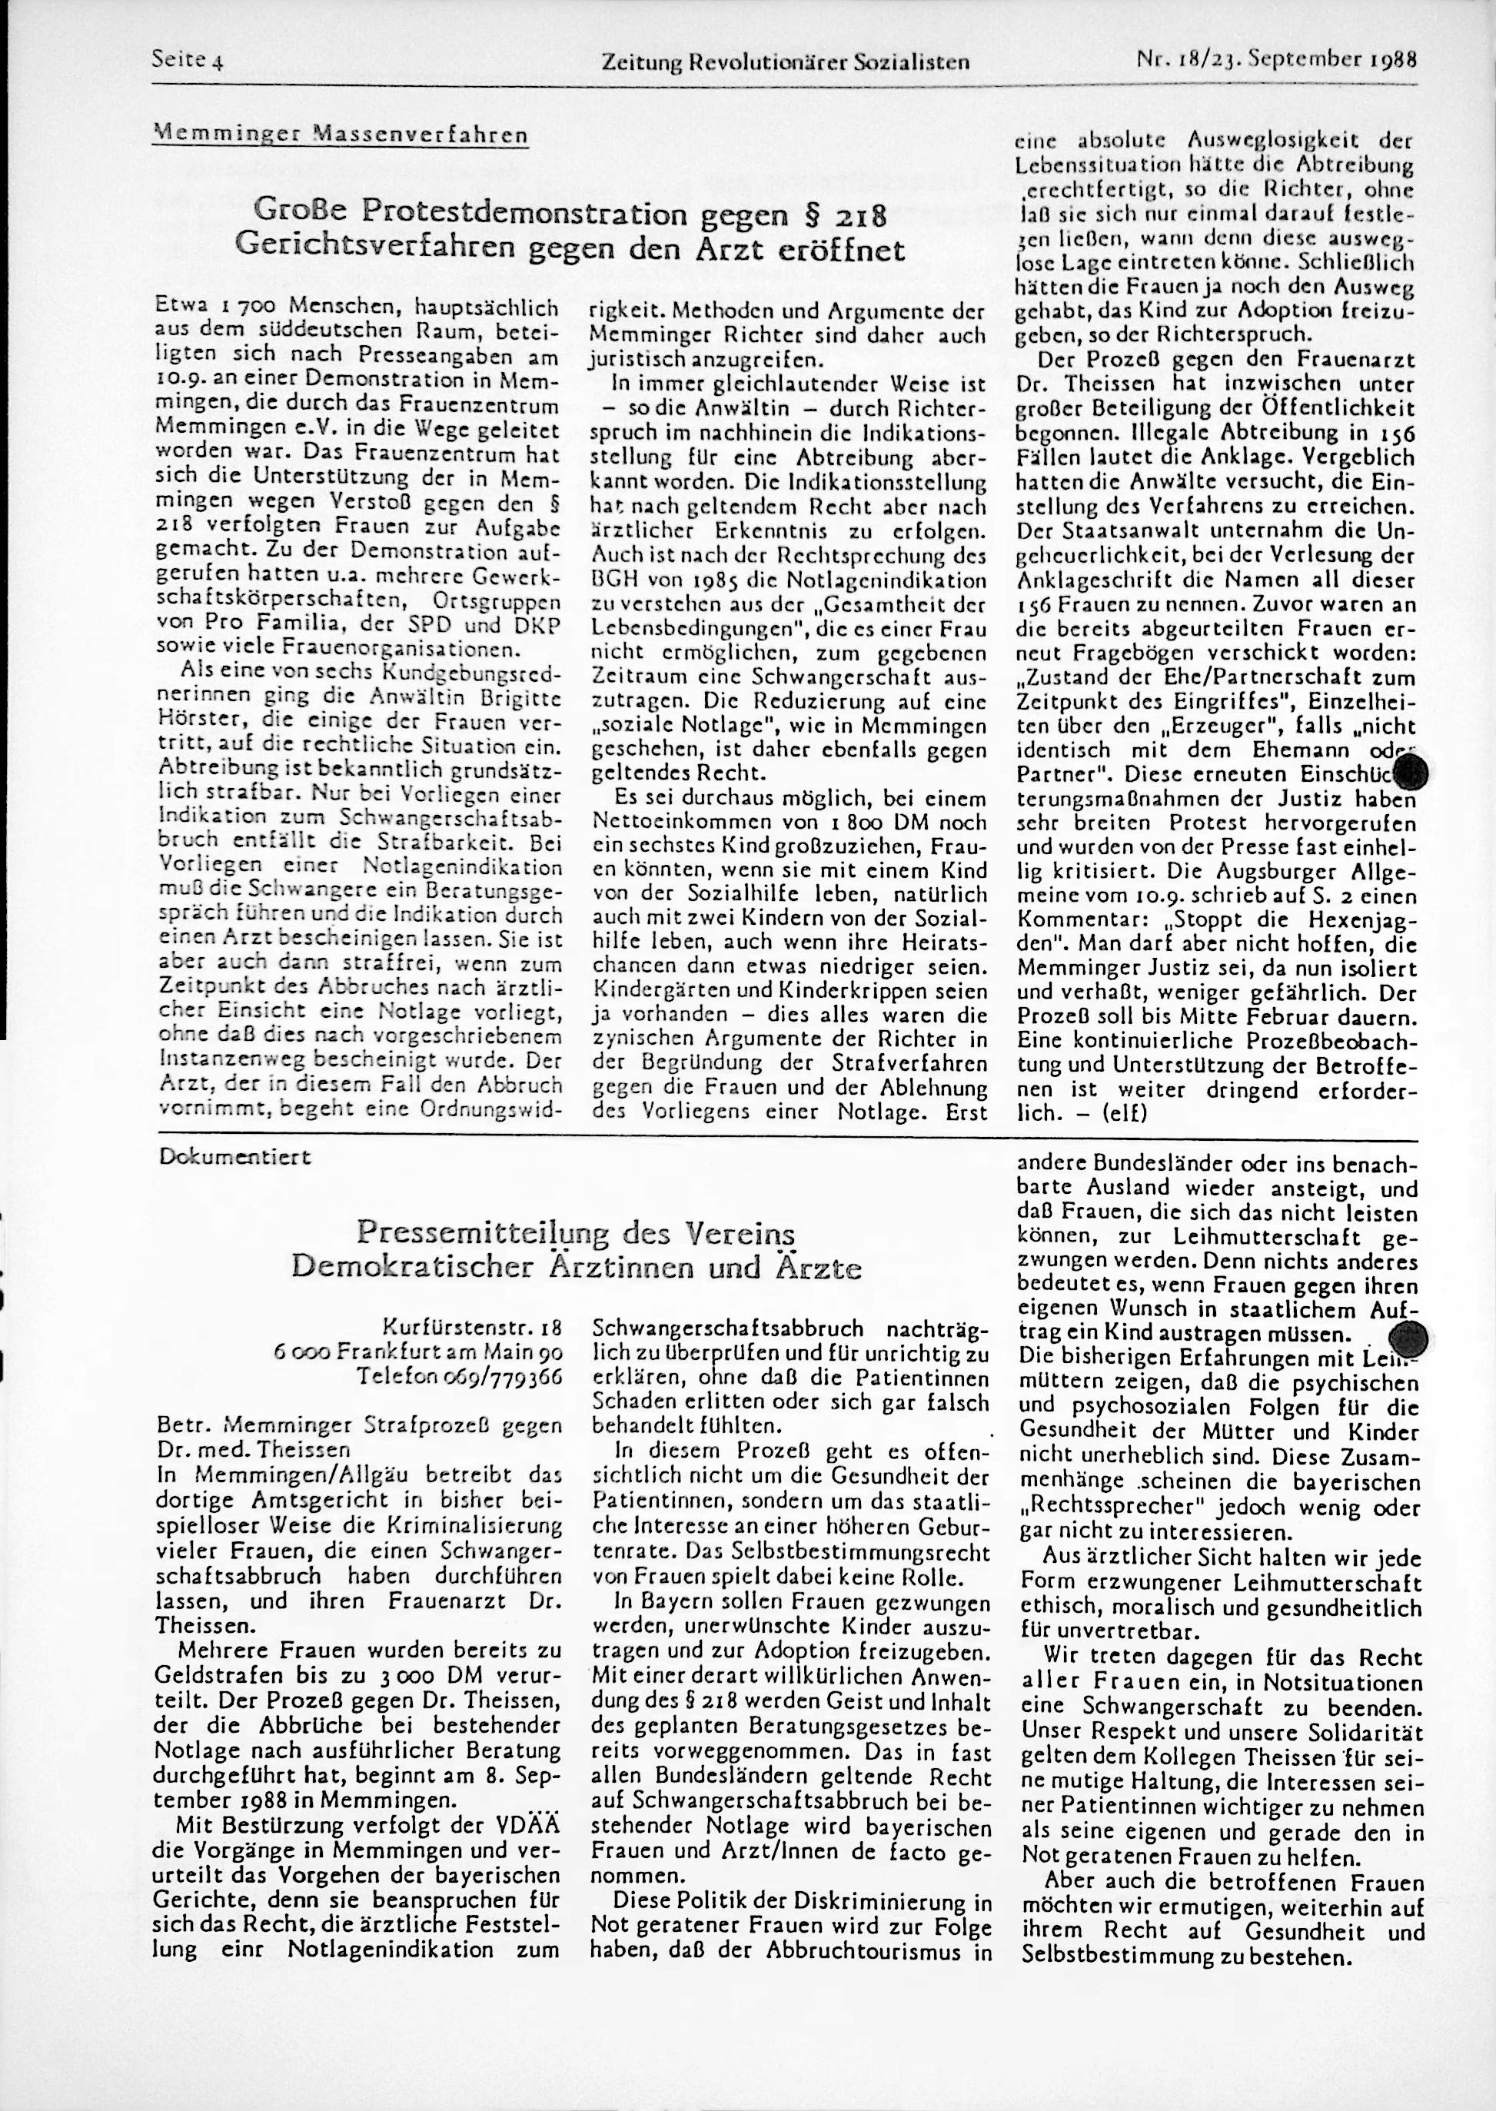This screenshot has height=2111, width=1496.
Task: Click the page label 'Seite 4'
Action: click(x=189, y=62)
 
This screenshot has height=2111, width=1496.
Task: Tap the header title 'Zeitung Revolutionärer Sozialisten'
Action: click(x=785, y=62)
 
